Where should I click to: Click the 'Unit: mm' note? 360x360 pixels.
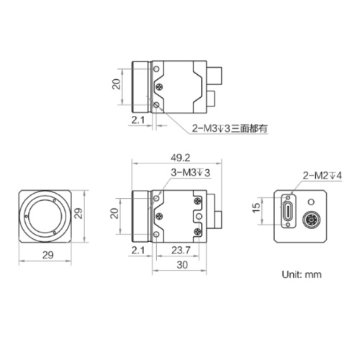(301, 274)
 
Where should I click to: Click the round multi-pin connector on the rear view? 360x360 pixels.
(312, 219)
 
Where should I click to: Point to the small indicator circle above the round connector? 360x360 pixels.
(312, 202)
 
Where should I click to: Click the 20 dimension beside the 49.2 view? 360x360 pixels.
(114, 214)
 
